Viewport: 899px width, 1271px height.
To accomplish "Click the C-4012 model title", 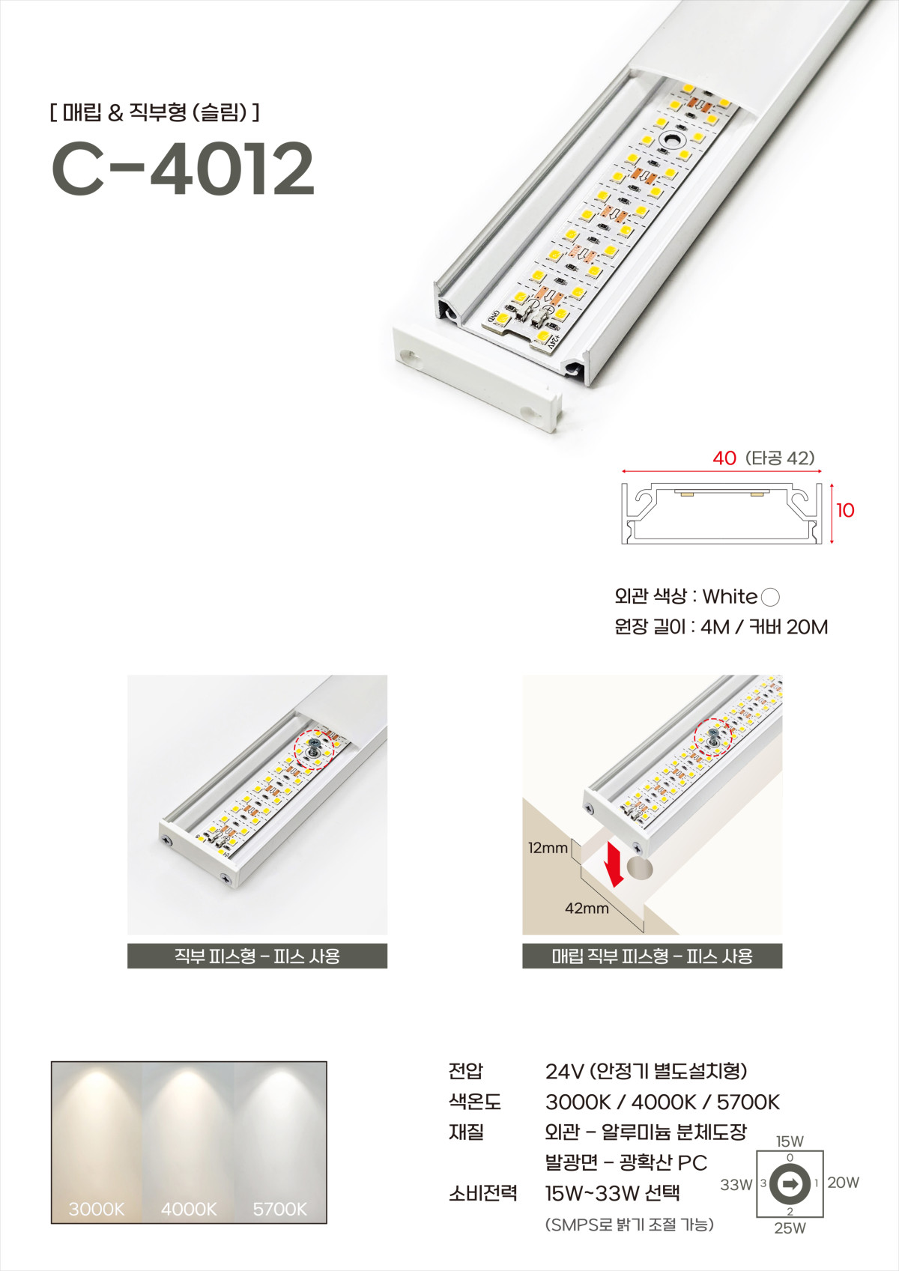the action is coord(182,169).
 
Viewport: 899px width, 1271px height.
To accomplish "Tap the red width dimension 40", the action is coord(724,458).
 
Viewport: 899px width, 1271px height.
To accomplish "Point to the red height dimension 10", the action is coord(845,510).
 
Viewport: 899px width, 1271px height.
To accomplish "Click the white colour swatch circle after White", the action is coord(769,597).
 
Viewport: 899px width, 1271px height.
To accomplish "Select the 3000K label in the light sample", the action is coord(97,1209).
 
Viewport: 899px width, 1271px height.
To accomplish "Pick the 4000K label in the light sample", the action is coord(189,1209).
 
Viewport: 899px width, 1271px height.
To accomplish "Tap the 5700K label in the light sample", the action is coord(279,1209).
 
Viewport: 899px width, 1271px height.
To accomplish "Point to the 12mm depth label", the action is coord(548,848).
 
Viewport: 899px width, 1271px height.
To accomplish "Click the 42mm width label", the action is coord(587,908).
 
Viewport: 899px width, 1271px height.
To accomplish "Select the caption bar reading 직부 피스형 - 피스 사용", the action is coord(257,956).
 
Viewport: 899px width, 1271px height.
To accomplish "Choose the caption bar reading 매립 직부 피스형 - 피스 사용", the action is coord(652,956).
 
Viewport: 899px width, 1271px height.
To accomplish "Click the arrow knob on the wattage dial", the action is coord(790,1184).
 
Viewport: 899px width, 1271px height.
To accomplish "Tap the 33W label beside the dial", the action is coord(736,1185).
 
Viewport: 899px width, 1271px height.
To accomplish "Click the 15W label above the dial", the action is coord(790,1141).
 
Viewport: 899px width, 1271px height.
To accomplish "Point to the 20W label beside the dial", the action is coord(843,1183).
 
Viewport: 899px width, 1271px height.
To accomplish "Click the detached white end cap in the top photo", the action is coord(476,376).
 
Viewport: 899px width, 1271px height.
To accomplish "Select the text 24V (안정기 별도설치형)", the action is coord(646,1071).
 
